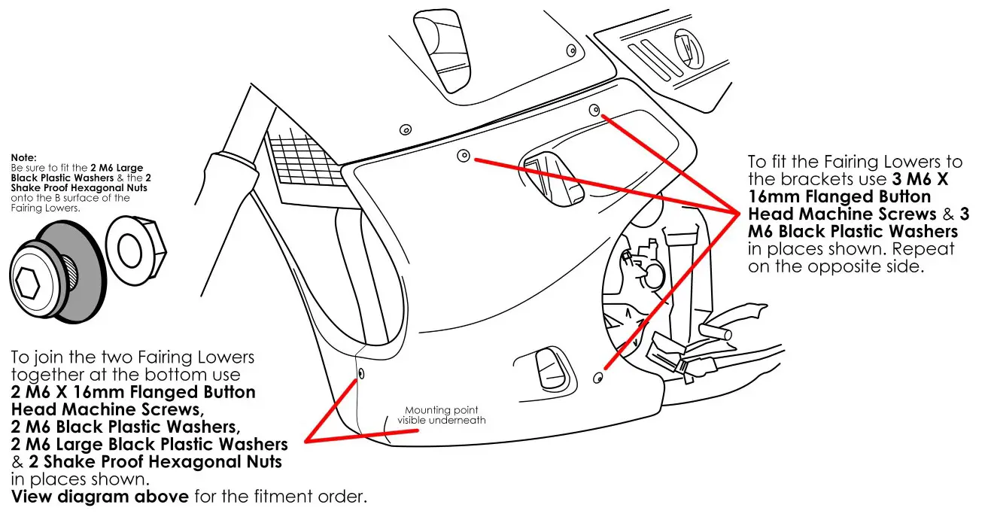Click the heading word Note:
pyautogui.click(x=23, y=158)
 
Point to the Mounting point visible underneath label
pyautogui.click(x=442, y=415)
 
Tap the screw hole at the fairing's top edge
pyautogui.click(x=594, y=109)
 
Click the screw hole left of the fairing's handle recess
pyautogui.click(x=464, y=156)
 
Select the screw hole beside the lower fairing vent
pyautogui.click(x=599, y=376)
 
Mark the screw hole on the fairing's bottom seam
pyautogui.click(x=360, y=374)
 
